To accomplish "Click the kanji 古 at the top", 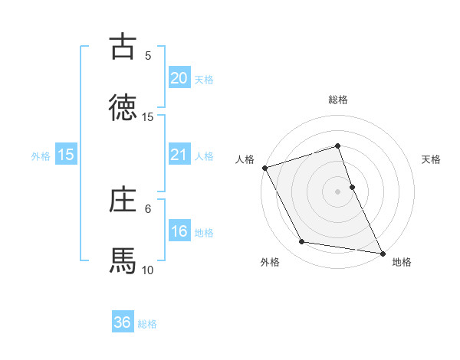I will pos(123,46).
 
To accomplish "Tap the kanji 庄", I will pos(123,199).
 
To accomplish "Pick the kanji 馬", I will pos(123,260).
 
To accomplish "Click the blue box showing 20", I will pos(179,77).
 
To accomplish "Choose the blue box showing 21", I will pos(179,155).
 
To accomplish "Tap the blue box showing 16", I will pos(179,231).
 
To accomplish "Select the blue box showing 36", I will pos(123,322).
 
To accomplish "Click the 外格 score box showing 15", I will pos(66,155).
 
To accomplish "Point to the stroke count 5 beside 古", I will pos(148,55).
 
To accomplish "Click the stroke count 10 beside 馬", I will pos(148,270).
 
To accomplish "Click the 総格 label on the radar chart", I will pos(338,100).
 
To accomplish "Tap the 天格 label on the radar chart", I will pos(432,159).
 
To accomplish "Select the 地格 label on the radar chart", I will pos(402,262).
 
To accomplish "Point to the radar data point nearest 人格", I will pos(264,168).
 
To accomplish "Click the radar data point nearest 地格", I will pos(383,252).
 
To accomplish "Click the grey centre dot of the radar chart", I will pos(338,191).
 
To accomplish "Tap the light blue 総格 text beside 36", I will pos(147,323).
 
